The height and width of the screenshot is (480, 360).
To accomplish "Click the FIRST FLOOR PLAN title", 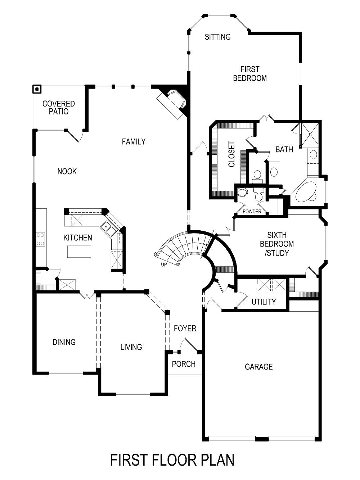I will coord(172,460).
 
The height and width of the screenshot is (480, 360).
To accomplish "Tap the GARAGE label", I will coord(258,367).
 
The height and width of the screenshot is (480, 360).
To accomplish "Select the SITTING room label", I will coord(217,37).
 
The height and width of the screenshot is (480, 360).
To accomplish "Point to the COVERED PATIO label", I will coord(59,108).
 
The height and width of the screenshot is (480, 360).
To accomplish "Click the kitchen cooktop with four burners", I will coord(40,239).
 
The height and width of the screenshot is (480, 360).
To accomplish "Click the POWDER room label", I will coord(252,212).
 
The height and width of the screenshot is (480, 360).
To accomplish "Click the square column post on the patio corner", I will coord(37,89).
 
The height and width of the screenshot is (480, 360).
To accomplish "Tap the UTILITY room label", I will coord(264,302).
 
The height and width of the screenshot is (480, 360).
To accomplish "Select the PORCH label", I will coord(184,364).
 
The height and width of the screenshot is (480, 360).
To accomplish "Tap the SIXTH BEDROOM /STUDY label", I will coord(277,244).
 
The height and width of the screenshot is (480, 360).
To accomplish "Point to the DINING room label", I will coord(64,342).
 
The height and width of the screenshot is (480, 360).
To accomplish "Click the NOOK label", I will coord(67,171).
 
